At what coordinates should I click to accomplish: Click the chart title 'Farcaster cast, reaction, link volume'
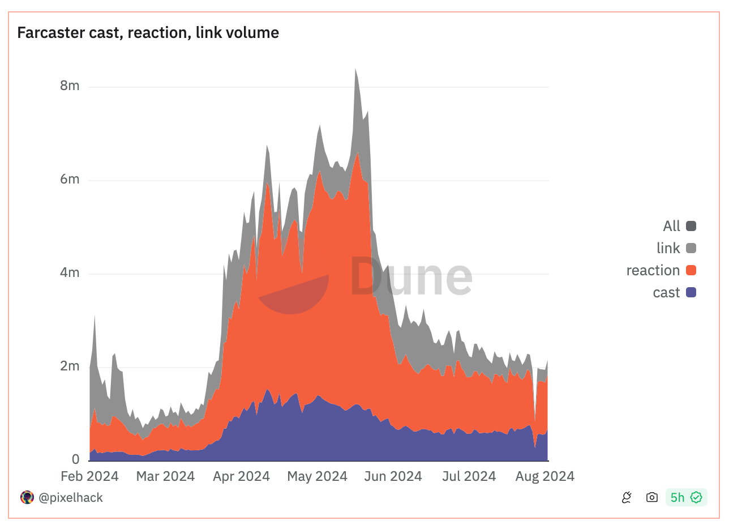pyautogui.click(x=148, y=33)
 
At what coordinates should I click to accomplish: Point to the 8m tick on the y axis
pyautogui.click(x=70, y=86)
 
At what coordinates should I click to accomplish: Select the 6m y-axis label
pyautogui.click(x=70, y=180)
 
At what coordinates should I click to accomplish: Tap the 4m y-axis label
pyautogui.click(x=70, y=273)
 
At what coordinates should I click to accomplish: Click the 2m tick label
pyautogui.click(x=70, y=366)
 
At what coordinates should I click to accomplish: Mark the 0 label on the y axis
pyautogui.click(x=75, y=459)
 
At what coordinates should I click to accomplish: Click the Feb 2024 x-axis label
pyautogui.click(x=89, y=476)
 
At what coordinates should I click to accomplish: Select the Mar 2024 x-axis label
pyautogui.click(x=165, y=476)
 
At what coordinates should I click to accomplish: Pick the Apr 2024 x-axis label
pyautogui.click(x=241, y=476)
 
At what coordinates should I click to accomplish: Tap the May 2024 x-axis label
pyautogui.click(x=317, y=476)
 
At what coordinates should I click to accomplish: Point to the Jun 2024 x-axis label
pyautogui.click(x=393, y=476)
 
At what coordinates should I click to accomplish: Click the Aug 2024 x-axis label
pyautogui.click(x=545, y=476)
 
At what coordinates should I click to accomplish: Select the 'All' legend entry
pyautogui.click(x=679, y=226)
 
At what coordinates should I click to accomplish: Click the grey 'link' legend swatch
pyautogui.click(x=691, y=248)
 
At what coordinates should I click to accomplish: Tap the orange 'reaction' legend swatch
pyautogui.click(x=691, y=270)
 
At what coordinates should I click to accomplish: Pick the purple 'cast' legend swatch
pyautogui.click(x=691, y=292)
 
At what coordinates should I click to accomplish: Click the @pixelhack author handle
pyautogui.click(x=70, y=498)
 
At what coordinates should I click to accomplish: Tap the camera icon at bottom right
pyautogui.click(x=652, y=497)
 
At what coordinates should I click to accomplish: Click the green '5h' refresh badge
pyautogui.click(x=686, y=497)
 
